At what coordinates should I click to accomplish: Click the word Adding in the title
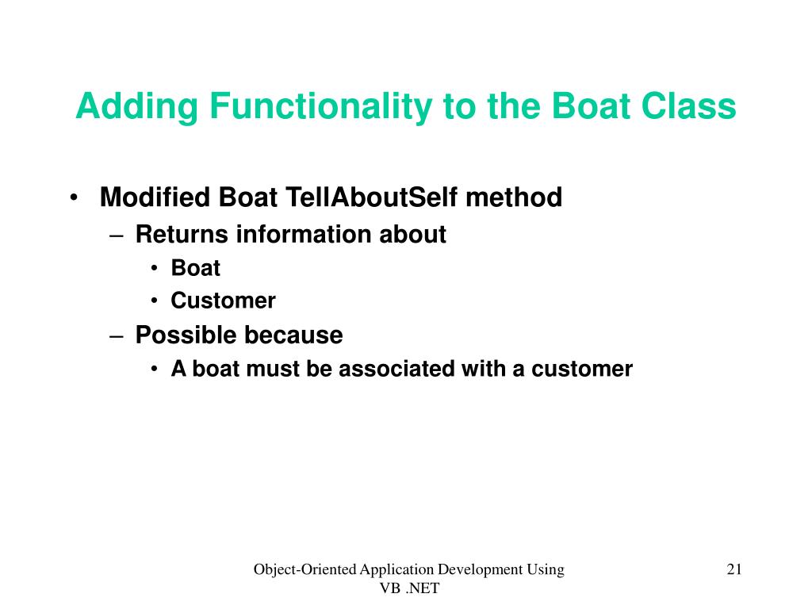tap(137, 107)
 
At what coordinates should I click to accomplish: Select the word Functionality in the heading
tap(321, 107)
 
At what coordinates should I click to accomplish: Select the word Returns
tap(182, 234)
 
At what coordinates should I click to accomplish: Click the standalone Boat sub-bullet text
tap(196, 268)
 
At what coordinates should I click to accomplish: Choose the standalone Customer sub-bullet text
tap(223, 301)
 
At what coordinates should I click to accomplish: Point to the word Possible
tap(184, 335)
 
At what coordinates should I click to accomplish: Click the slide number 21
tap(734, 569)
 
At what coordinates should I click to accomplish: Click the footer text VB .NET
tap(409, 588)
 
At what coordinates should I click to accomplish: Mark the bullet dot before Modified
tap(74, 197)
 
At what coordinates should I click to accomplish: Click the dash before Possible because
tap(117, 336)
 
